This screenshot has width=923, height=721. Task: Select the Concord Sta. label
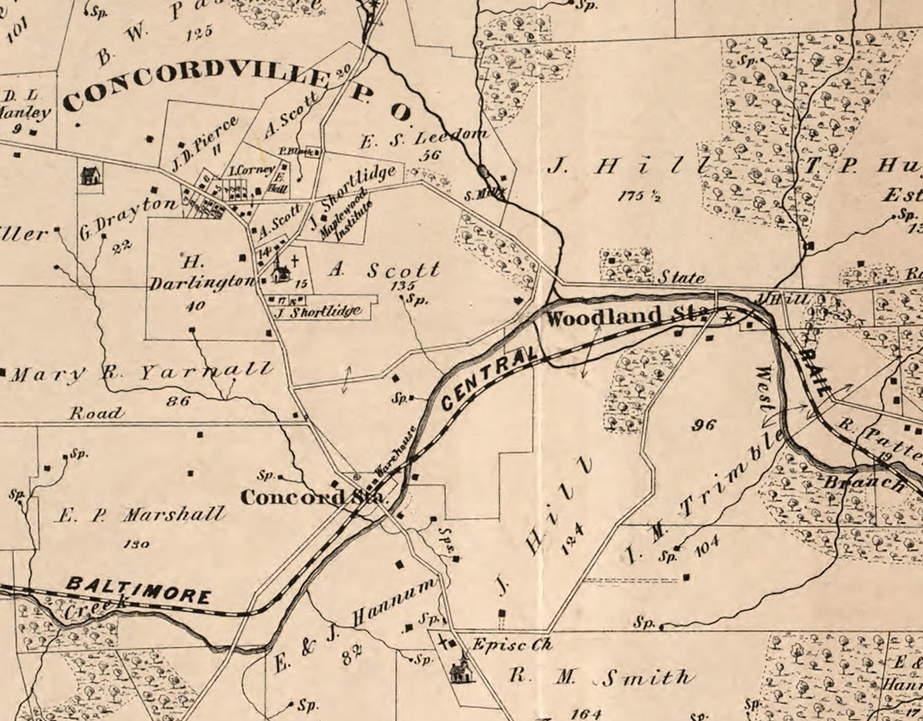[314, 497]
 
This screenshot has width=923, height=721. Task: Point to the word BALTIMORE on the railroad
[138, 590]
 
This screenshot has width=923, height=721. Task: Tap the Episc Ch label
[510, 644]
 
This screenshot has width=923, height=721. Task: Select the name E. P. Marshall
[141, 515]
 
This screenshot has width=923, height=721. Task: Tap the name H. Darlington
[200, 272]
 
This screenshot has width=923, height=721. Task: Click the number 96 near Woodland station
[703, 424]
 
